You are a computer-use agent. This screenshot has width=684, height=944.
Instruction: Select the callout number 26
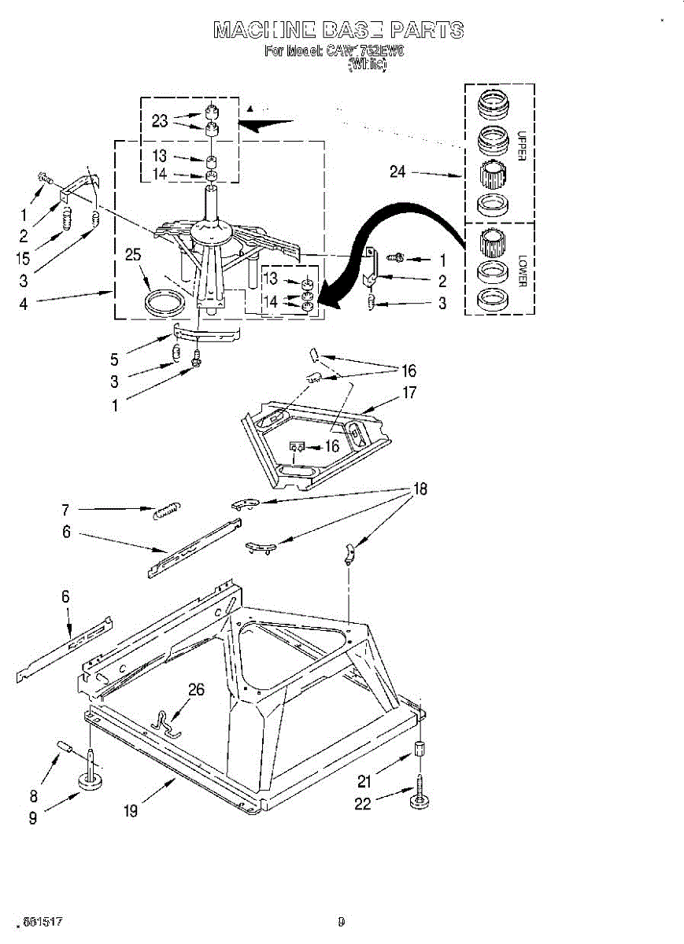(x=196, y=690)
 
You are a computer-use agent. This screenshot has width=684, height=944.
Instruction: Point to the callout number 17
(x=409, y=393)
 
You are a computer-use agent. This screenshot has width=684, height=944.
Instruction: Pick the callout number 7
(x=66, y=509)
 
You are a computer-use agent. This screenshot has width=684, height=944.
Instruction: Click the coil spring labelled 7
(x=167, y=510)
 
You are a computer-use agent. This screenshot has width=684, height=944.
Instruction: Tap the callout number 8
(x=34, y=795)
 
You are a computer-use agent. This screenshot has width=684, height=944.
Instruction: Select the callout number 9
(x=32, y=818)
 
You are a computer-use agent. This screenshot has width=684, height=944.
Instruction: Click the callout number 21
(x=363, y=782)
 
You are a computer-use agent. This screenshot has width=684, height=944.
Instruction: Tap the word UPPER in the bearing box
(x=520, y=146)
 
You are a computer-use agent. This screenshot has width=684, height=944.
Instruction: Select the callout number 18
(x=420, y=489)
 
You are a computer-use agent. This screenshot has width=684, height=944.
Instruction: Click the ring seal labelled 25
(x=163, y=302)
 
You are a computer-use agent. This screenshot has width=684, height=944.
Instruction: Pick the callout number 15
(x=23, y=256)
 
